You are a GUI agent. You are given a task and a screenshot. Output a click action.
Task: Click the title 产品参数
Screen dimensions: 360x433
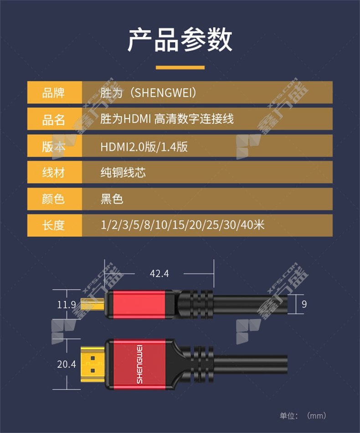[180, 40]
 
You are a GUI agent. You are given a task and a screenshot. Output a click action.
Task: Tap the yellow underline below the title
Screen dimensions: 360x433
[180, 67]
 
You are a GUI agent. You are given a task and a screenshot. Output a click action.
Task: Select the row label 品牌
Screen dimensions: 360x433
[53, 93]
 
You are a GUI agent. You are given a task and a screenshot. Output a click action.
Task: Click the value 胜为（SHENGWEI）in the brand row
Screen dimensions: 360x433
[148, 93]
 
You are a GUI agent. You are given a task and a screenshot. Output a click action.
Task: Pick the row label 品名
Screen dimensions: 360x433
[53, 119]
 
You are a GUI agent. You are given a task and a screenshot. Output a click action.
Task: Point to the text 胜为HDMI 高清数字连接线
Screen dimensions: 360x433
[167, 119]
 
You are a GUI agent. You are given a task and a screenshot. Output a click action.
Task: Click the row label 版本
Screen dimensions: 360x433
[53, 146]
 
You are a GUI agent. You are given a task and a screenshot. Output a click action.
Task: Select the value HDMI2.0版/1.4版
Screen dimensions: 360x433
[144, 146]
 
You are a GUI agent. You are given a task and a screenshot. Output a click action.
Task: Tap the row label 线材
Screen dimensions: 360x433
[53, 173]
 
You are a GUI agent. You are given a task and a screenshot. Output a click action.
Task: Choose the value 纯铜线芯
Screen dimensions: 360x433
[123, 173]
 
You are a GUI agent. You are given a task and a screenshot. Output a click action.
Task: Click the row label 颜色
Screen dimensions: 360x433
[53, 199]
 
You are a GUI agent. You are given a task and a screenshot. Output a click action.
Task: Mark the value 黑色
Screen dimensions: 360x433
[112, 199]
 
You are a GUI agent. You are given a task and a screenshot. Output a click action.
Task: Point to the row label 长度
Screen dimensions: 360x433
[53, 225]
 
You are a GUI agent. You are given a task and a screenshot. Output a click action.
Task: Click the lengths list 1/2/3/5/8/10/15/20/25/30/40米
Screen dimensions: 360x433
[182, 225]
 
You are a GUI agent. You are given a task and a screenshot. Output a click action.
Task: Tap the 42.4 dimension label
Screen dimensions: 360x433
[159, 273]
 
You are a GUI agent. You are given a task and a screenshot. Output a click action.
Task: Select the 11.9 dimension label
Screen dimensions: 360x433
[66, 305]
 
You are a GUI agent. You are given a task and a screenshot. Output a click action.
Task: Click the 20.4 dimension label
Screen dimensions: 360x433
[66, 365]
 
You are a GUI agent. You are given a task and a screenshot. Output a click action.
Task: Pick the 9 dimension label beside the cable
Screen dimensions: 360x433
[304, 304]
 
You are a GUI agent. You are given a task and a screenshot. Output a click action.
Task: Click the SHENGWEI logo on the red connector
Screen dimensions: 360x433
[139, 364]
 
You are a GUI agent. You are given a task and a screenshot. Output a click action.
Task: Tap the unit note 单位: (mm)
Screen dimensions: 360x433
[303, 416]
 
